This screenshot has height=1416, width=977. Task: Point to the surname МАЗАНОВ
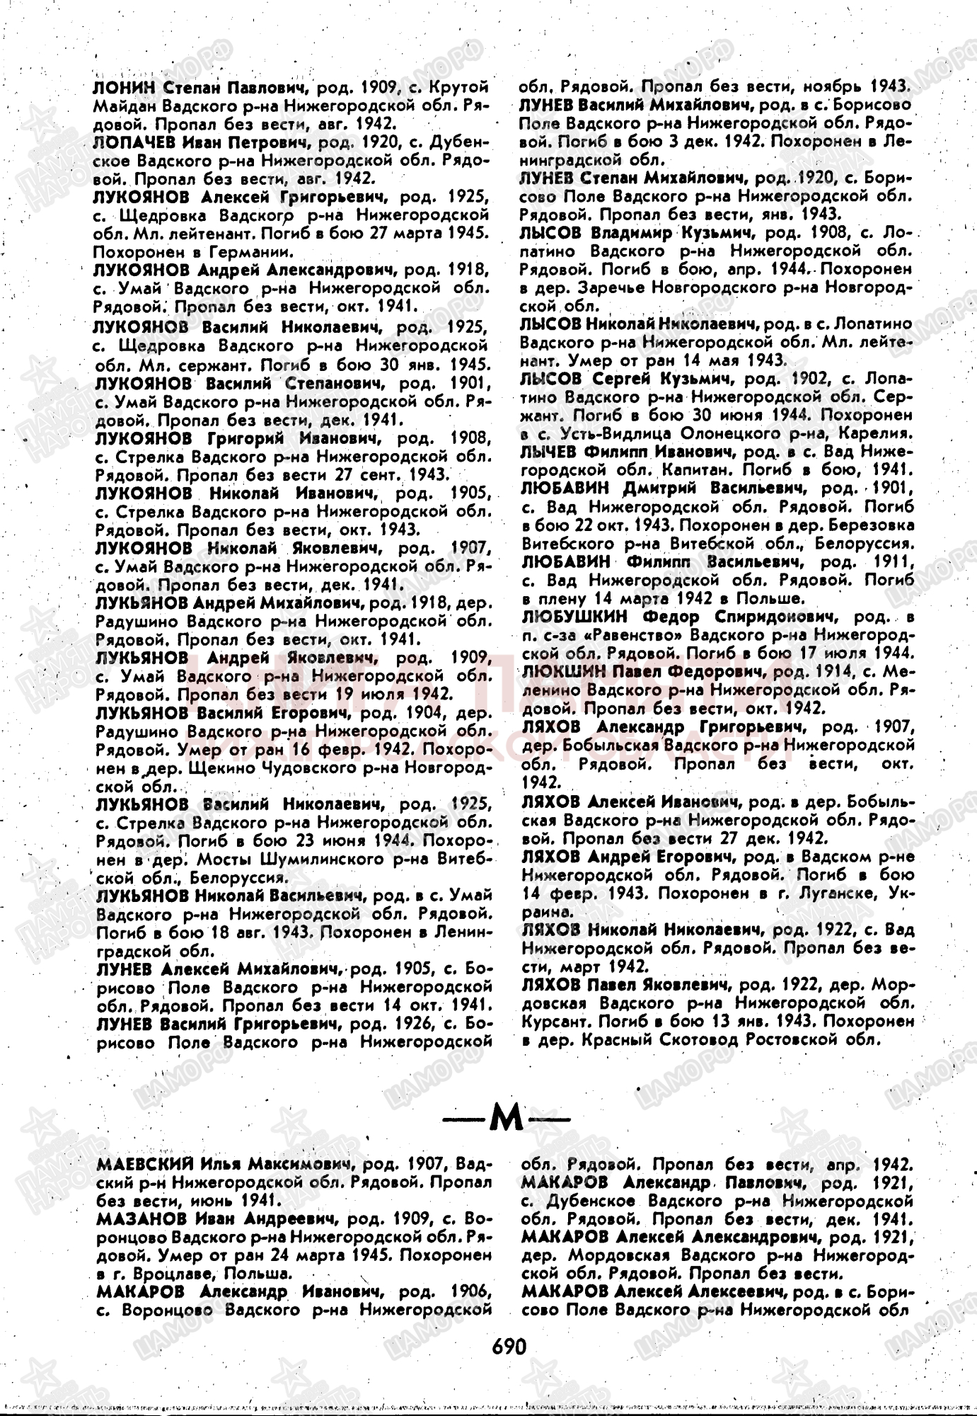[x=141, y=1218]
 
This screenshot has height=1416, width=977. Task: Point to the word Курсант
[x=549, y=1022]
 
